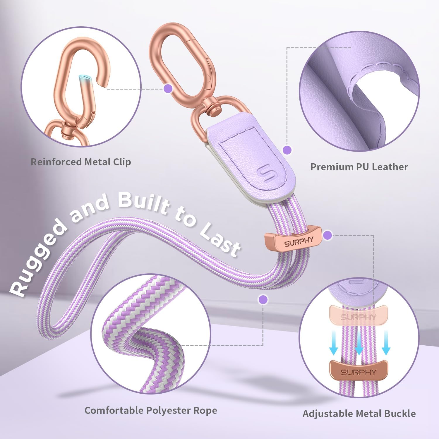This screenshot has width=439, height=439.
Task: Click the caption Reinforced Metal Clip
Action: tap(81, 162)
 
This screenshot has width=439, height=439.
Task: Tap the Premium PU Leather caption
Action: tap(359, 167)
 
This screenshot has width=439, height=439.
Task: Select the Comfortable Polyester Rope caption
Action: tap(151, 410)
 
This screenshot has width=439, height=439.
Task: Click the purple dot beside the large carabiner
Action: tap(168, 88)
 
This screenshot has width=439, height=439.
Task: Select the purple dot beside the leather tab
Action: tap(287, 150)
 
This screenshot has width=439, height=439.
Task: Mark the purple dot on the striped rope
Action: tap(263, 299)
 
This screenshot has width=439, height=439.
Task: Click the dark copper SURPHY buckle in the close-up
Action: tap(359, 372)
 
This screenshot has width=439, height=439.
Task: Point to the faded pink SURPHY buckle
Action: tap(359, 316)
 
